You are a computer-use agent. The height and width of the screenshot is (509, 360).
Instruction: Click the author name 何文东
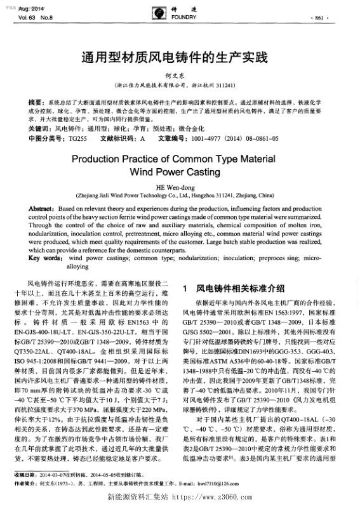click(x=180, y=75)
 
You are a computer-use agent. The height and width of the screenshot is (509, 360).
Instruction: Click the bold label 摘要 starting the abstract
click(x=37, y=102)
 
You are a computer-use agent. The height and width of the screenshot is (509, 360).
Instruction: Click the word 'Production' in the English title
click(x=104, y=159)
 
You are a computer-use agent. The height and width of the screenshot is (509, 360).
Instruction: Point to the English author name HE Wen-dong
click(x=180, y=187)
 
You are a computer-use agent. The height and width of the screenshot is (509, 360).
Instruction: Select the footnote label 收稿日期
click(x=25, y=474)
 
